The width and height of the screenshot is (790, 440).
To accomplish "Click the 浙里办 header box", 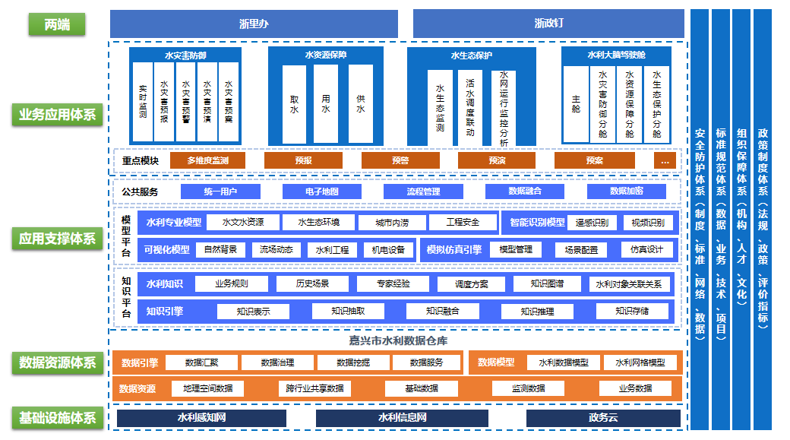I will coord(254,24).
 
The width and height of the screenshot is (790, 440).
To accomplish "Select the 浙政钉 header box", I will coord(549,24).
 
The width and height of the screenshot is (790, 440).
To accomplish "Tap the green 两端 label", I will coord(57,24).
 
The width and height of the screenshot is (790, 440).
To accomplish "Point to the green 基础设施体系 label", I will coord(57,418).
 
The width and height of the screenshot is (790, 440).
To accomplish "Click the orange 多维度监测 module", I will coord(207,161).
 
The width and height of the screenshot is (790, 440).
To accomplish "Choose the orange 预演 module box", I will coord(498,161).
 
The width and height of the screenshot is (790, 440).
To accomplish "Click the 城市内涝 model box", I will coord(390,223).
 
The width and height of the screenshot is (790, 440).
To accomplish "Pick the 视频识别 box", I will coord(648,223).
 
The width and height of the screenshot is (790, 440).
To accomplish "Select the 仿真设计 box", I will coord(646,249).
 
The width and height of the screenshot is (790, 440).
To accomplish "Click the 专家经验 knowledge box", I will coord(393,284).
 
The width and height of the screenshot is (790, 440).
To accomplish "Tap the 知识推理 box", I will coord(537,311).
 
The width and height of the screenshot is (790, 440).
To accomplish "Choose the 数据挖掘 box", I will coord(353,362).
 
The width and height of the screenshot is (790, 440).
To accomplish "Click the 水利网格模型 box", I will coord(640,362).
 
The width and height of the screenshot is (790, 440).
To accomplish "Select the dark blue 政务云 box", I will coord(603,418).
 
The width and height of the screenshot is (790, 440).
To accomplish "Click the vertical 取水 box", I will coord(294,104).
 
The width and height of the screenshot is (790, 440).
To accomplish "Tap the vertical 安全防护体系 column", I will coord(700,220).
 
